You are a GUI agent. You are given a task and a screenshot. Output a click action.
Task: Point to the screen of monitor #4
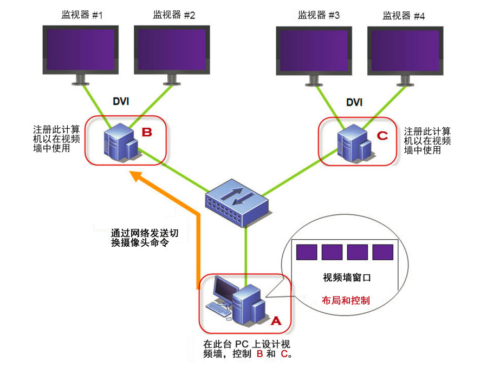click(404, 50)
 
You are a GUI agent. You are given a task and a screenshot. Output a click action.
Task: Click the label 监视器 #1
click(82, 15)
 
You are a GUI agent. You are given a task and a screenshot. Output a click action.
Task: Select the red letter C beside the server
click(382, 135)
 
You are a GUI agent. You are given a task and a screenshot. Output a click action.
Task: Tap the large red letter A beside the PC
click(276, 320)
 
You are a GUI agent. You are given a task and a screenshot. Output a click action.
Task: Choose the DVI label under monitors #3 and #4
click(354, 102)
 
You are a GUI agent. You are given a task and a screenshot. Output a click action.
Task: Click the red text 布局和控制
click(346, 300)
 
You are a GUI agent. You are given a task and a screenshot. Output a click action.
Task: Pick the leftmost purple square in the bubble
click(307, 253)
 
